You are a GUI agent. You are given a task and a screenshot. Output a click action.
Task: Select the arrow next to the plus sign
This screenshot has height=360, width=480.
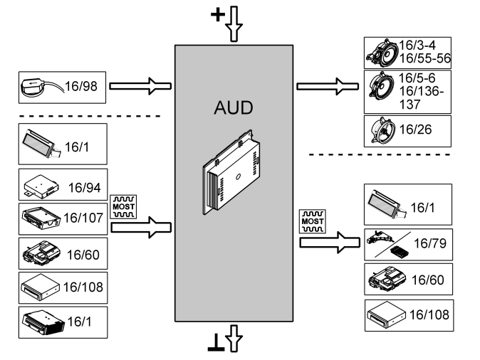tap(235, 22)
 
